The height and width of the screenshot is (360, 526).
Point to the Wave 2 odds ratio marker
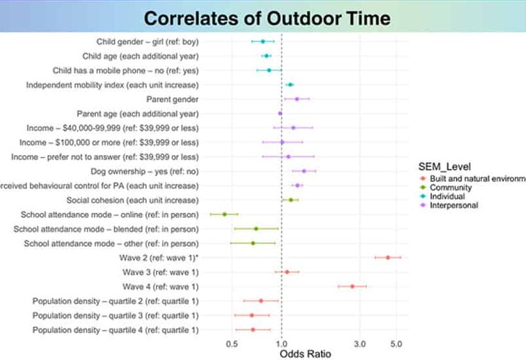pyautogui.click(x=388, y=258)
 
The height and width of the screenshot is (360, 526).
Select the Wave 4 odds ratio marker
pyautogui.click(x=352, y=286)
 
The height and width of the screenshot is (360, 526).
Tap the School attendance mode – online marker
pyautogui.click(x=224, y=214)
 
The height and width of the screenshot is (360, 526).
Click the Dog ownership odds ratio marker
pyautogui.click(x=304, y=171)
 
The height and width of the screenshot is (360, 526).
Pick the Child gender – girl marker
pyautogui.click(x=262, y=41)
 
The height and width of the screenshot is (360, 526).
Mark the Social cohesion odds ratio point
pyautogui.click(x=291, y=200)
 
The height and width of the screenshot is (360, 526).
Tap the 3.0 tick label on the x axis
pyautogui.click(x=359, y=343)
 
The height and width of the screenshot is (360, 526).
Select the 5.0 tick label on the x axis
pyautogui.click(x=396, y=343)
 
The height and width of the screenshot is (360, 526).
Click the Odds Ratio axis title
pyautogui.click(x=306, y=353)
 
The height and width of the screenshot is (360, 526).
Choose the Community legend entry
pyautogui.click(x=452, y=187)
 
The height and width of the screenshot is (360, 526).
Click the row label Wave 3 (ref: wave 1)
pyautogui.click(x=160, y=272)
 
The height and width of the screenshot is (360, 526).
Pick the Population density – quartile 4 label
pyautogui.click(x=116, y=330)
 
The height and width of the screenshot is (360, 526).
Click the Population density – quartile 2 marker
pyautogui.click(x=261, y=301)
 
